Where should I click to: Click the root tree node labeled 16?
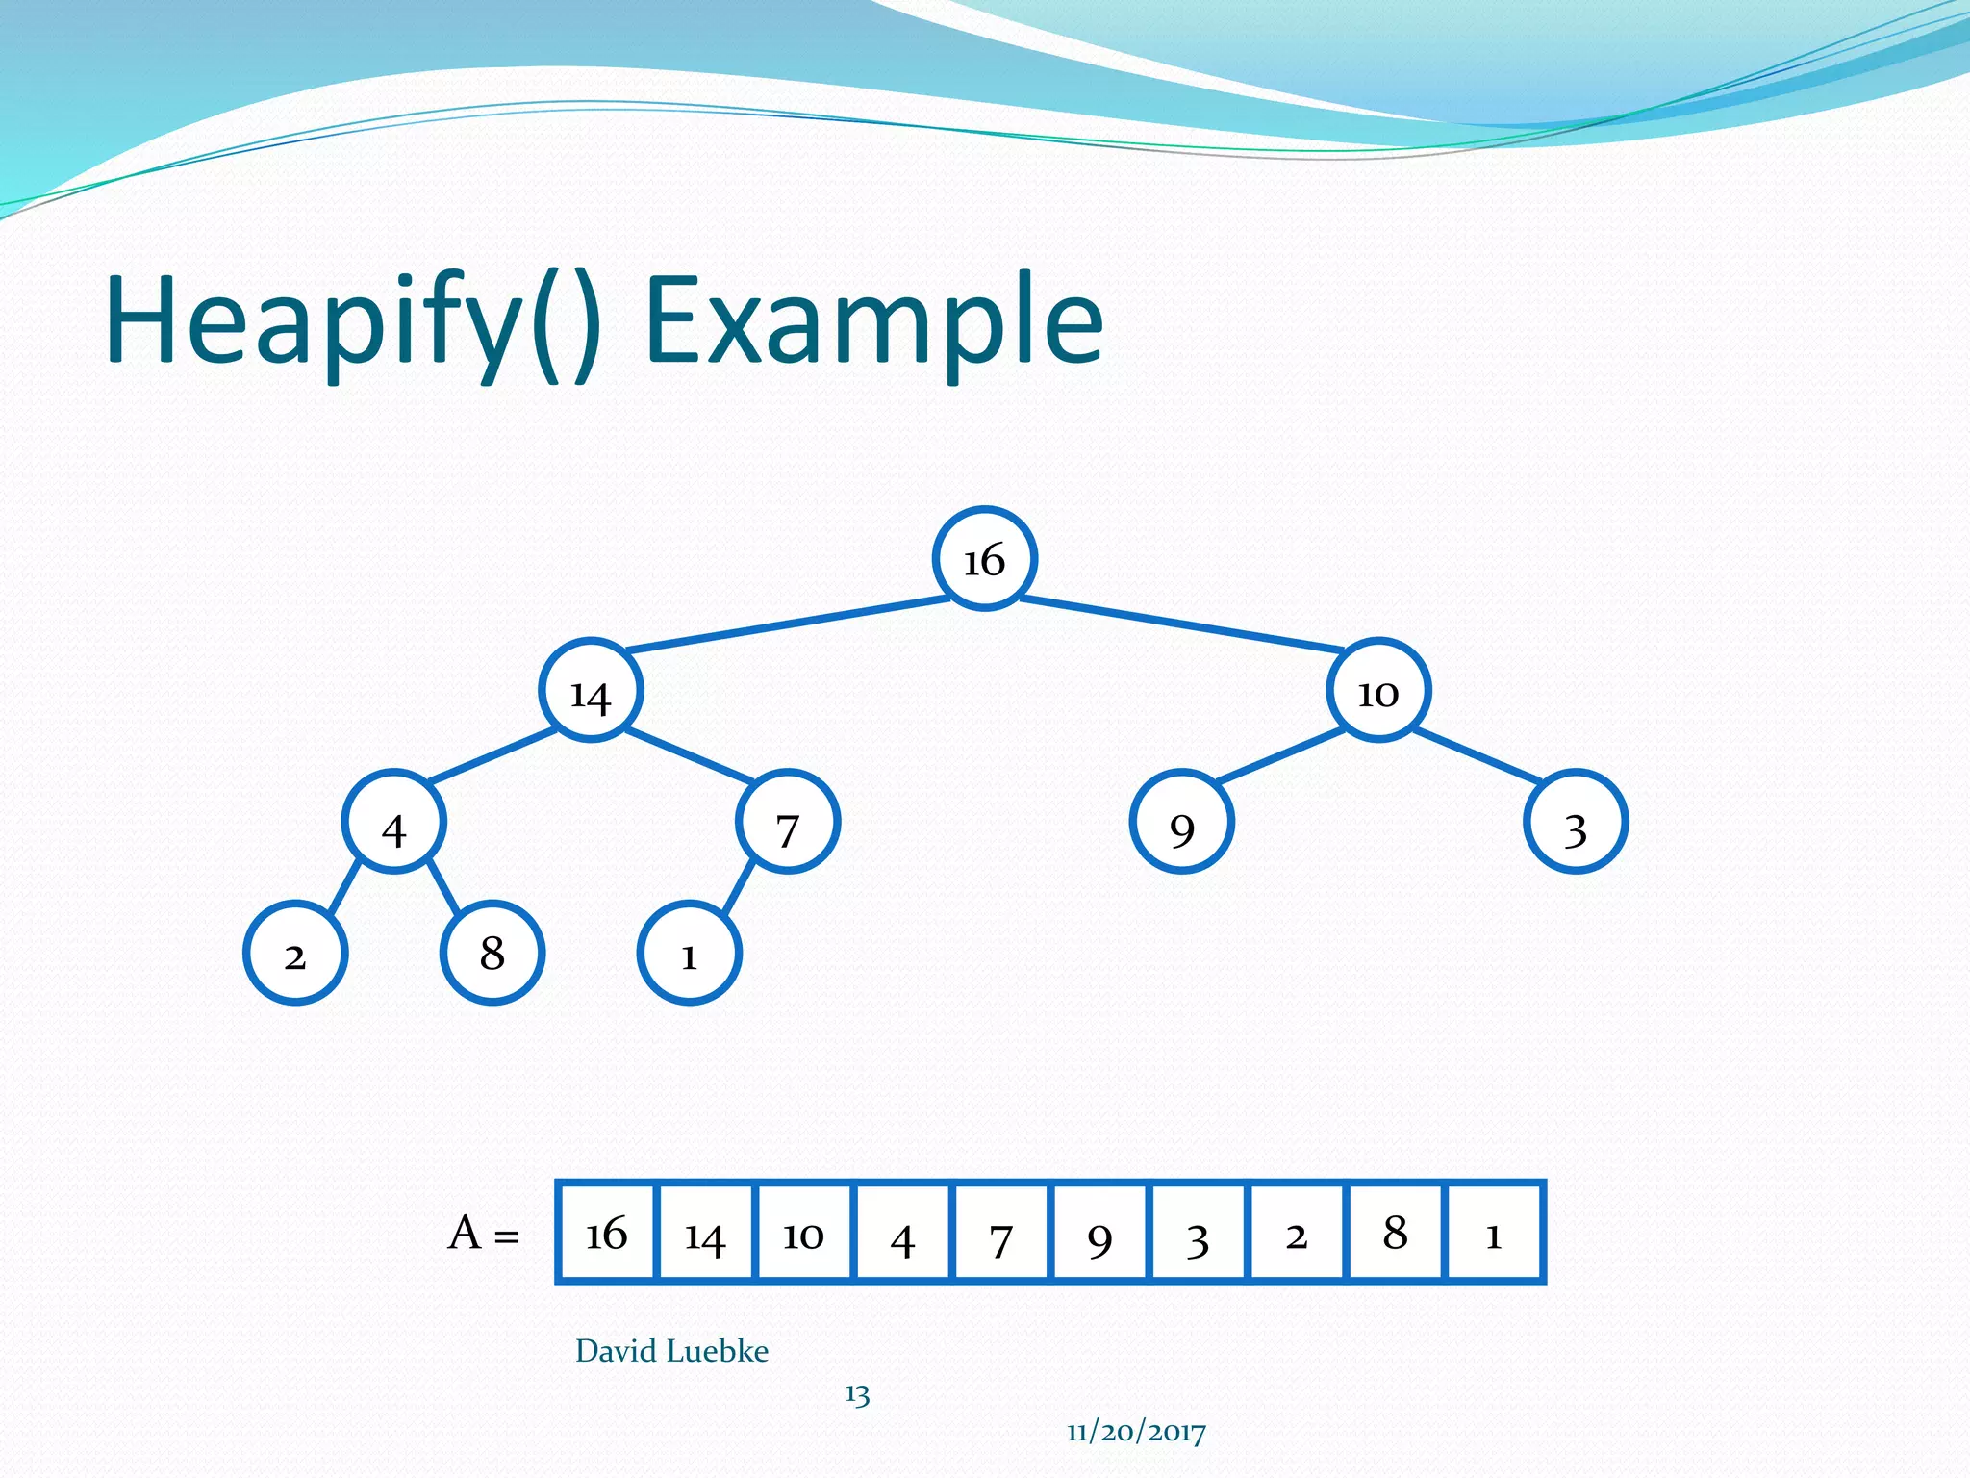[x=984, y=559]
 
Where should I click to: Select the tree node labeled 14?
[x=590, y=691]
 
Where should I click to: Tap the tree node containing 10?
[x=1378, y=691]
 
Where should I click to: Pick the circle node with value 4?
[x=393, y=823]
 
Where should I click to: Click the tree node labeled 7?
[x=788, y=823]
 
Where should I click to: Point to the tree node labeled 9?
[x=1181, y=823]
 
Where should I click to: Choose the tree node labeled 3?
[x=1576, y=823]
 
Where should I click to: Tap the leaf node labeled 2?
[x=295, y=954]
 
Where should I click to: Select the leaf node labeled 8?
[x=492, y=954]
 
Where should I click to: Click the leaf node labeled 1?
[x=689, y=954]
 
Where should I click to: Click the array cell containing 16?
[x=607, y=1233]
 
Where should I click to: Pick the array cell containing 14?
[x=706, y=1233]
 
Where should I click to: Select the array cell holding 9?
[x=1099, y=1233]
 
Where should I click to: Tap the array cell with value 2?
[x=1297, y=1233]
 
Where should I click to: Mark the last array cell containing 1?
[x=1494, y=1233]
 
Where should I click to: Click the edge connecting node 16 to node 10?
[x=1181, y=624]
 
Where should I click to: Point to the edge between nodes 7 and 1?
[x=738, y=888]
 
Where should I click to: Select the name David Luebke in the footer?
[x=671, y=1351]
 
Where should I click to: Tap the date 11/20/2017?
[x=1136, y=1432]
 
